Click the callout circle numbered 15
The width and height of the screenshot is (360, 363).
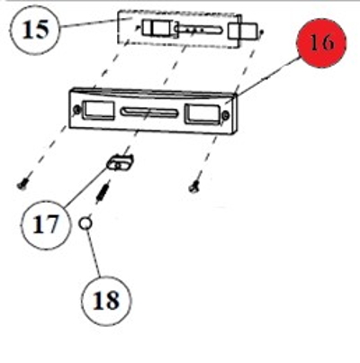(35, 30)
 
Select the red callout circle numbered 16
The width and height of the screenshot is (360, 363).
(321, 43)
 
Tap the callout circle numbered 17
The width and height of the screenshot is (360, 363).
(46, 225)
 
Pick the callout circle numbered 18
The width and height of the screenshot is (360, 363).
(106, 300)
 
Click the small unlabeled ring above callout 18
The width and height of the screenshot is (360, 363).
(85, 223)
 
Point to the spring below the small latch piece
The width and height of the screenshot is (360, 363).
(103, 192)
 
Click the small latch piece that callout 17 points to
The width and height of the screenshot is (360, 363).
(120, 162)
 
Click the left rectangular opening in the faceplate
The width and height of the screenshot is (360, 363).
(98, 110)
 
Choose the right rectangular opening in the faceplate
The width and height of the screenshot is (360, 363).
(202, 113)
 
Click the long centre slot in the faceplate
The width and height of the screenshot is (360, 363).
(149, 112)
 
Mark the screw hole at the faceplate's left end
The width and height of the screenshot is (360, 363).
(76, 110)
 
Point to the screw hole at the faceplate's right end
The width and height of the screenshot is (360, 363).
(226, 114)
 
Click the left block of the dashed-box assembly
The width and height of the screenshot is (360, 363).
(156, 28)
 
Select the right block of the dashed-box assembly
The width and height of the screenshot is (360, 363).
(243, 31)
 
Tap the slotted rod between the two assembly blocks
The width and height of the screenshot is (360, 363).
(200, 30)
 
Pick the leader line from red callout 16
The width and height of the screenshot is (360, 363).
(264, 79)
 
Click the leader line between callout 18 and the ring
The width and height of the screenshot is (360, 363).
(94, 253)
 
